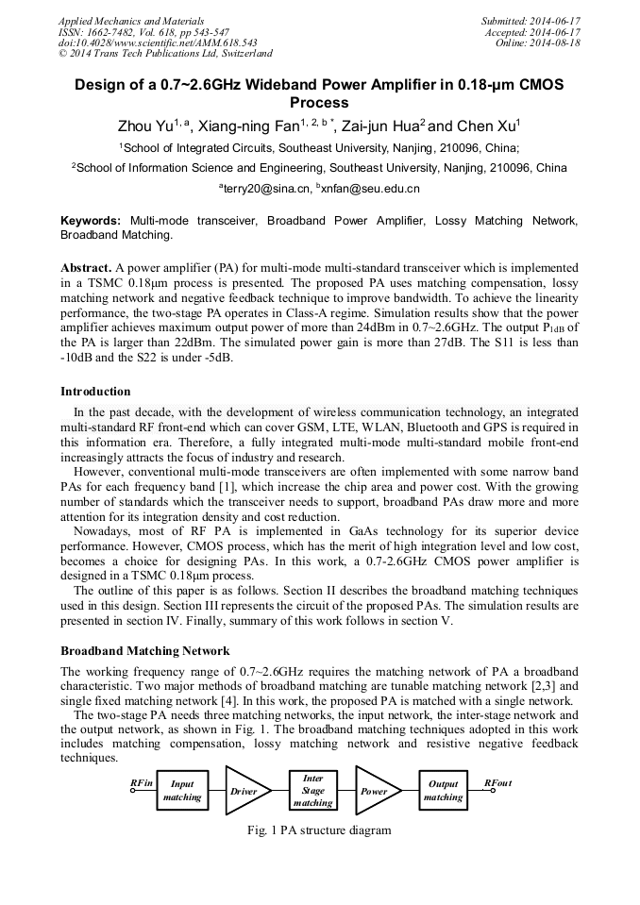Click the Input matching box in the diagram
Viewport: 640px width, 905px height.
(x=182, y=791)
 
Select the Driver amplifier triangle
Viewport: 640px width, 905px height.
(x=242, y=791)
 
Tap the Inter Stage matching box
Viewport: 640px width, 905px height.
(x=312, y=791)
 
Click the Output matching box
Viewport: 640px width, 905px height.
(x=443, y=791)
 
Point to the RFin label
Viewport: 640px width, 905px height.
(x=142, y=782)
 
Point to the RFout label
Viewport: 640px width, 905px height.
(x=497, y=782)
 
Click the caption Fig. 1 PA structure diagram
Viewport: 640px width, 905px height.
(x=319, y=830)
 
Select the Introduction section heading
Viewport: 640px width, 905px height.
(x=95, y=391)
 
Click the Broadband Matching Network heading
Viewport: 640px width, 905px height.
(x=144, y=651)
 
